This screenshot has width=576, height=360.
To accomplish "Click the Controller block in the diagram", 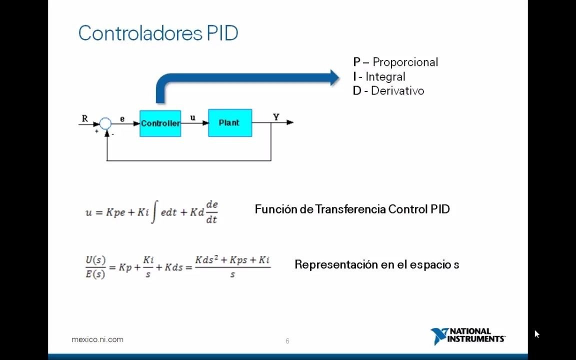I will pos(160,123).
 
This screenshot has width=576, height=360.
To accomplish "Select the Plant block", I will pos(230,123).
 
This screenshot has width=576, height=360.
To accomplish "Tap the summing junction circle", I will pos(105,123).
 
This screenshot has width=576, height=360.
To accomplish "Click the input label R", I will pos(84,119).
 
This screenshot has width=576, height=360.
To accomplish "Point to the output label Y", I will pos(276,117).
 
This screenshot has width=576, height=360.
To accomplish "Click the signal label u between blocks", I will pos(193,118).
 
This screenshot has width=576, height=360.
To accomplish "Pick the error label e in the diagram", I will pos(122,119).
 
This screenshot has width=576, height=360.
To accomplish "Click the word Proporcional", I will pos(405,62).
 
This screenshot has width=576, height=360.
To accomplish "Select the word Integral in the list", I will pos(385,77).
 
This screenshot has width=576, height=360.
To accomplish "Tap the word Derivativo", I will pos(397,91).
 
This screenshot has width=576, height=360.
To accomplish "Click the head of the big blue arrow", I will pos(334,77).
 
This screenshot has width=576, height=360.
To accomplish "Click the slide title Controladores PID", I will pos(158,33).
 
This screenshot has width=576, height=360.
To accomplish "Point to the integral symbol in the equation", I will pos(154,212).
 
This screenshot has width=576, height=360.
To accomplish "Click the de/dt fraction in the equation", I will pos(211,212).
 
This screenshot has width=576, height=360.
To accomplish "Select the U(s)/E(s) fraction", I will pos(95,267).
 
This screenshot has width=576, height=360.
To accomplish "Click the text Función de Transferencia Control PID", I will pos(352,209).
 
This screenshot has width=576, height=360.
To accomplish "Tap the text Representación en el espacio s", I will pos(376,264).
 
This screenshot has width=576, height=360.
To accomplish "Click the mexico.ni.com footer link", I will pos(97,339).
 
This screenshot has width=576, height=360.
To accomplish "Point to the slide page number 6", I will pos(287,341).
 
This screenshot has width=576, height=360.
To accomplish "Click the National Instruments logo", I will pos(467,335).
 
